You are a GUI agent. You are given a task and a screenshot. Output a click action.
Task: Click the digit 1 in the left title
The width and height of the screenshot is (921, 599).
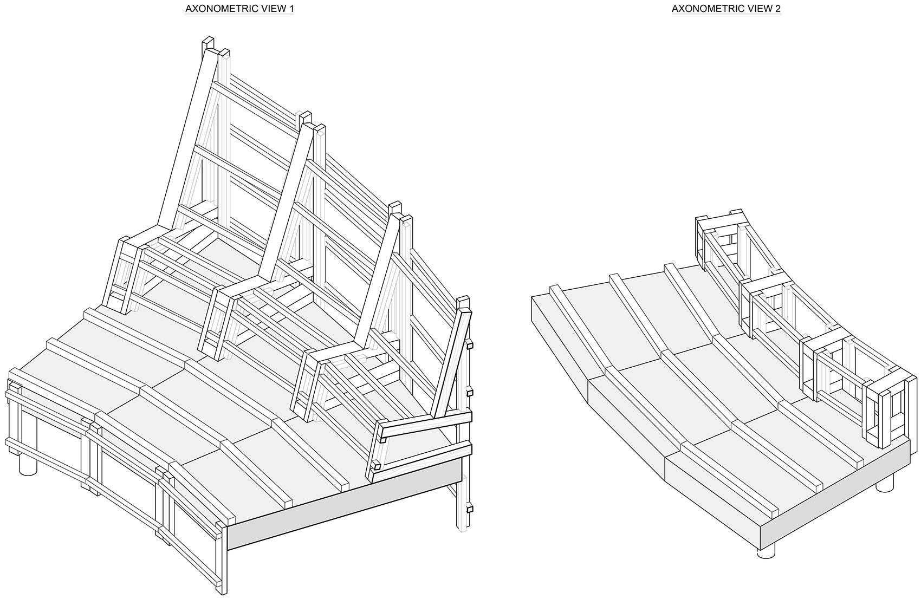tap(291, 9)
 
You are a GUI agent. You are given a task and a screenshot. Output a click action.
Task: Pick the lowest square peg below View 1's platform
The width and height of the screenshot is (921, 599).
tap(469, 508)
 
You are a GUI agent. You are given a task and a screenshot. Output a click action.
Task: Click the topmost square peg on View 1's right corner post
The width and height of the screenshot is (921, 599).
tap(470, 344)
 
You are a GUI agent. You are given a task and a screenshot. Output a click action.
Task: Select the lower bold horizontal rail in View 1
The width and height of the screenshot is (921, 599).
tap(423, 458)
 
